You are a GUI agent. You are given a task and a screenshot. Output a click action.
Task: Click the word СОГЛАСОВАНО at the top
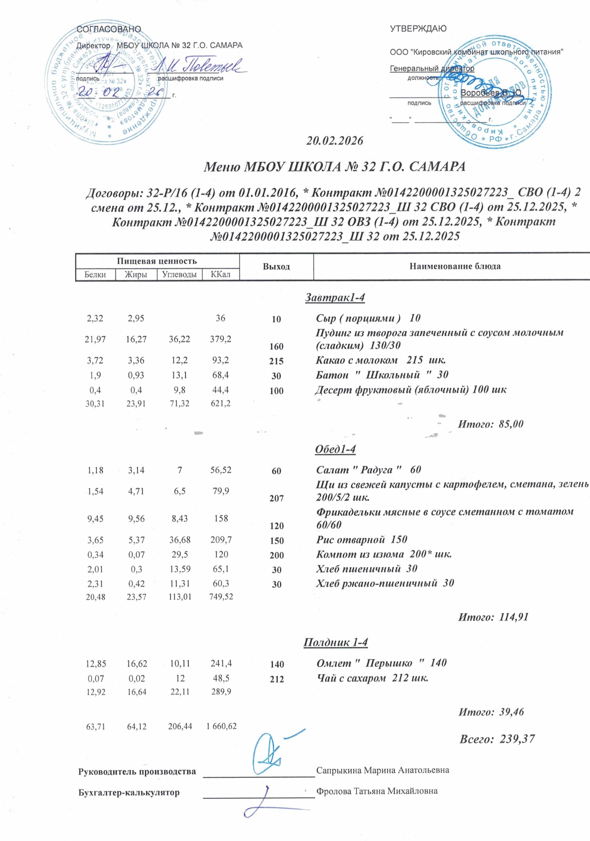108,29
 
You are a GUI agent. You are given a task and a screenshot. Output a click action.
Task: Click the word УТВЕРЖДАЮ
418,29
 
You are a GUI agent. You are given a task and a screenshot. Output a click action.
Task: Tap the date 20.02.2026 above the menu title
334,141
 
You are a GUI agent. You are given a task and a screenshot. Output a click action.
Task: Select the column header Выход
276,267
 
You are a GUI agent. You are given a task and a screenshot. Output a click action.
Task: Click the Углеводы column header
179,274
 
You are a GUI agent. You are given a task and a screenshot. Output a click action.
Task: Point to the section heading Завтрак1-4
335,298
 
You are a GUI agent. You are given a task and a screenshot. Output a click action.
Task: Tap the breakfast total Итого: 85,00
491,424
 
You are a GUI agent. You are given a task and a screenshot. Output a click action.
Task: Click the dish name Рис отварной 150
361,539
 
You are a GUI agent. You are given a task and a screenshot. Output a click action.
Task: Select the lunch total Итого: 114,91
493,617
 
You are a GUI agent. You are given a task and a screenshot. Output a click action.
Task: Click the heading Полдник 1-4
335,642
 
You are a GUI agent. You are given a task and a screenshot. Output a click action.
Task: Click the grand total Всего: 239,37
497,739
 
